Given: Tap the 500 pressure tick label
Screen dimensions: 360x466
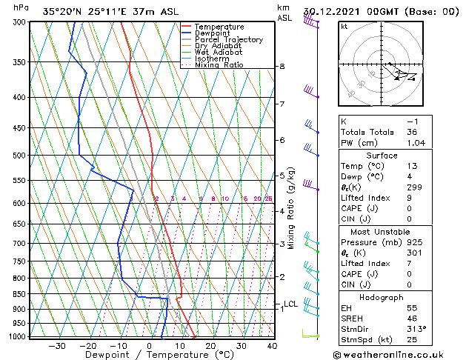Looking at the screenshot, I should (x=20, y=156).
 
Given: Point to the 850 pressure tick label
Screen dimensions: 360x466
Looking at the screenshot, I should (x=20, y=294).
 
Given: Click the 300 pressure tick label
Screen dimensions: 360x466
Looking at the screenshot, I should (x=20, y=22).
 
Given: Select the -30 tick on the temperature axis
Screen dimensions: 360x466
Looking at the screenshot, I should (x=57, y=345).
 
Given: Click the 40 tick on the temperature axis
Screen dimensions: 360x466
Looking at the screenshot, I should (x=272, y=345).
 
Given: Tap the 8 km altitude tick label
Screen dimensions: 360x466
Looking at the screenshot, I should (x=282, y=67).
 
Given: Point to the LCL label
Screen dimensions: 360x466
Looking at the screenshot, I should (x=291, y=304).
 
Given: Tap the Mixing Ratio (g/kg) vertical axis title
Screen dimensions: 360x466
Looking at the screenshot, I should (x=291, y=208).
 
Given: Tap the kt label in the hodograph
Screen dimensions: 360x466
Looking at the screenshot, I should (x=344, y=27).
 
